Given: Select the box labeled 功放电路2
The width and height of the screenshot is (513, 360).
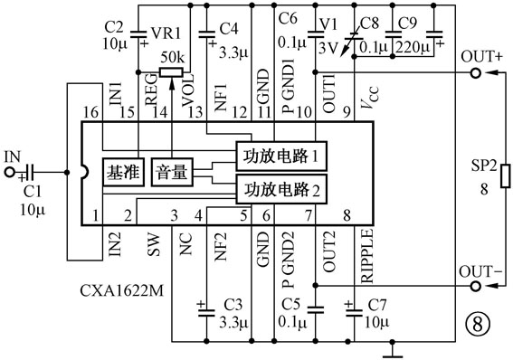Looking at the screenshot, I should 280,189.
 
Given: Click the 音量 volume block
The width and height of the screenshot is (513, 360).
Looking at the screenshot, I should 171,171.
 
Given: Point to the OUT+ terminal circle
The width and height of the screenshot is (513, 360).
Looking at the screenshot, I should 473,73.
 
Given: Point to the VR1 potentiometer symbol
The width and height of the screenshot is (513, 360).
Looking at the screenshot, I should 173,73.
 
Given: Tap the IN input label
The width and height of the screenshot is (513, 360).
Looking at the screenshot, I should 12,156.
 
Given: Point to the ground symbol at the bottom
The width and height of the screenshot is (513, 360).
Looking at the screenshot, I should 394,347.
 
